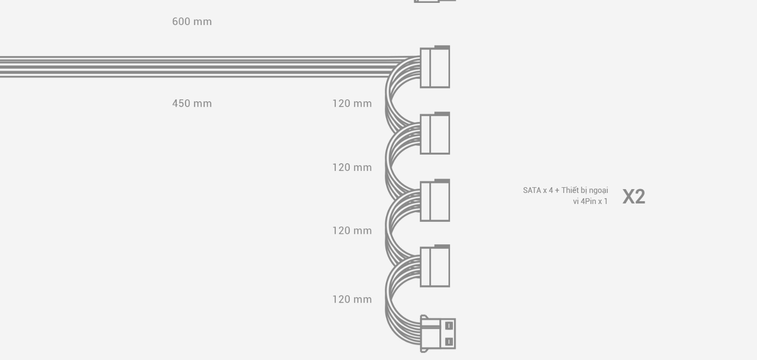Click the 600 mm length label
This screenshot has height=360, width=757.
click(x=192, y=22)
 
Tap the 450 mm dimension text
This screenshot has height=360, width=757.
click(x=192, y=103)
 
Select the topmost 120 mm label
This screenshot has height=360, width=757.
click(x=352, y=103)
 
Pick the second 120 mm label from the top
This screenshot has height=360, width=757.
click(x=352, y=168)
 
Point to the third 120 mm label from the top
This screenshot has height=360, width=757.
click(x=352, y=230)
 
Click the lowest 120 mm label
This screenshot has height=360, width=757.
click(x=352, y=299)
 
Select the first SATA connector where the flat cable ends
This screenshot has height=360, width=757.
click(x=435, y=67)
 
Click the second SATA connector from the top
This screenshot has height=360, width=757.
click(x=435, y=133)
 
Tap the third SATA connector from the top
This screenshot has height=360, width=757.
click(x=435, y=201)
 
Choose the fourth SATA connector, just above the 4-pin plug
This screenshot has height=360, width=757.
click(x=435, y=266)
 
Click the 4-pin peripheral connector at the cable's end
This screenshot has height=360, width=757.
click(x=438, y=334)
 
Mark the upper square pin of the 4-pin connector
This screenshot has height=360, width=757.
click(x=449, y=325)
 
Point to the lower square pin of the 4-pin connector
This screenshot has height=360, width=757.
click(x=449, y=342)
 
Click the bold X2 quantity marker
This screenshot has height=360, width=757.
click(x=634, y=196)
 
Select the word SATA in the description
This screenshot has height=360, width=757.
click(x=532, y=190)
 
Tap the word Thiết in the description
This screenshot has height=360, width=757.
click(x=570, y=190)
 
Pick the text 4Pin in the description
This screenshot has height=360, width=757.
click(x=588, y=201)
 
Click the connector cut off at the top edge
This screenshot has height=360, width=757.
click(x=435, y=1)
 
